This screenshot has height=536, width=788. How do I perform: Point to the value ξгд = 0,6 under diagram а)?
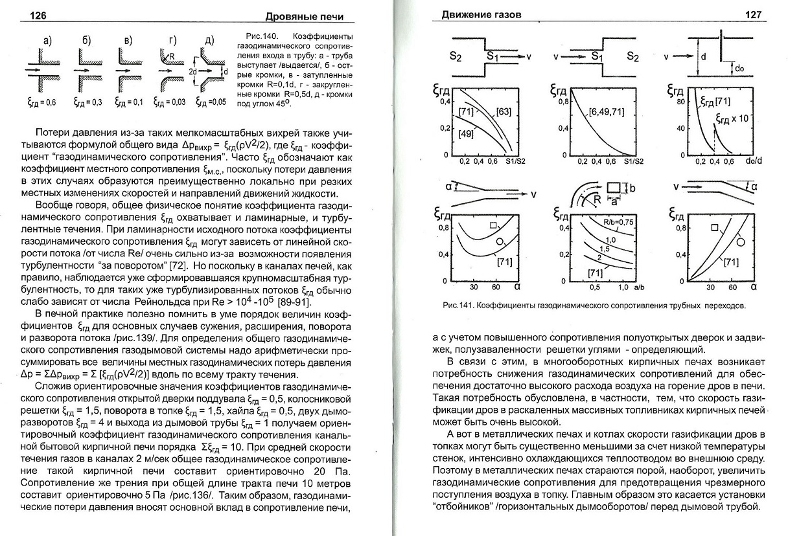[43, 102]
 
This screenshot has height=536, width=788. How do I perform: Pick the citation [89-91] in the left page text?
[295, 302]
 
